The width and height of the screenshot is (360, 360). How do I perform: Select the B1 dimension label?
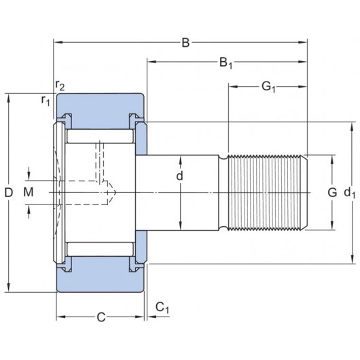[226, 64]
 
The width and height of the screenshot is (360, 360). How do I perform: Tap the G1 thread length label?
[268, 86]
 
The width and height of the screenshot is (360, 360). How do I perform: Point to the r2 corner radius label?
[60, 85]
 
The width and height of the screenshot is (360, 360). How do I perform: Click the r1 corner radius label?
[46, 101]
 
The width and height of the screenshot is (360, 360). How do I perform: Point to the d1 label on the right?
[350, 194]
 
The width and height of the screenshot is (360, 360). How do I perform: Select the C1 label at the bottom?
[162, 307]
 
